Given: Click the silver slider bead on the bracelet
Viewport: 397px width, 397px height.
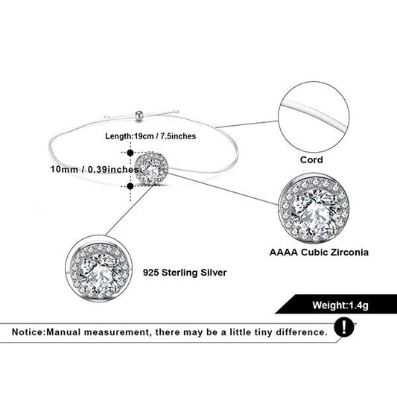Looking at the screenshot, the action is pos(139,115).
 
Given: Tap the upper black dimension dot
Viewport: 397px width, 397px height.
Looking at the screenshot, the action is pos(130,153).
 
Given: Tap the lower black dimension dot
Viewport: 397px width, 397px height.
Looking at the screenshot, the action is pos(130,186).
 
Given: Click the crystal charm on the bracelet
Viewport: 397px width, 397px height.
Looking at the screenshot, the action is pos(151,168).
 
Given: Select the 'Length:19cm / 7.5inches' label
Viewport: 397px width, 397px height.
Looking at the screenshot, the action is pos(150,136).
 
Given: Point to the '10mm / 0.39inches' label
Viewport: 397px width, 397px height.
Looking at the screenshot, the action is pos(95,169).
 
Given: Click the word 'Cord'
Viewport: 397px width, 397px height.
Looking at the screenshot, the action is pos(311,160).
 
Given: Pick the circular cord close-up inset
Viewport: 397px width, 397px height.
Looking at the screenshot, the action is pos(314,117).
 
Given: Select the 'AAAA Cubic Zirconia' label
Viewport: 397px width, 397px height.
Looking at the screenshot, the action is pos(319,253).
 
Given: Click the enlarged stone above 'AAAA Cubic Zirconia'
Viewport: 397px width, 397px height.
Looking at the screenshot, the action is pos(314,209).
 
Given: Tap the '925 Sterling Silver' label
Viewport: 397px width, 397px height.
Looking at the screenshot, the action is pos(185,273).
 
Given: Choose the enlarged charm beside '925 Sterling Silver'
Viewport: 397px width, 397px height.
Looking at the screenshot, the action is pos(99,269).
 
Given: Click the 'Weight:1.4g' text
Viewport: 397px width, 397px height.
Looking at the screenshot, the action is pos(340,305).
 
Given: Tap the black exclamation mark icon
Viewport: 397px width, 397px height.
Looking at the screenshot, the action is pos(344,327).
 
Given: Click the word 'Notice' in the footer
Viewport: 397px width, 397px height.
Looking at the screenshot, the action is pos(28,332).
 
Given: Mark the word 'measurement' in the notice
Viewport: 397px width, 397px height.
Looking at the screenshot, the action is pos(118,332).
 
